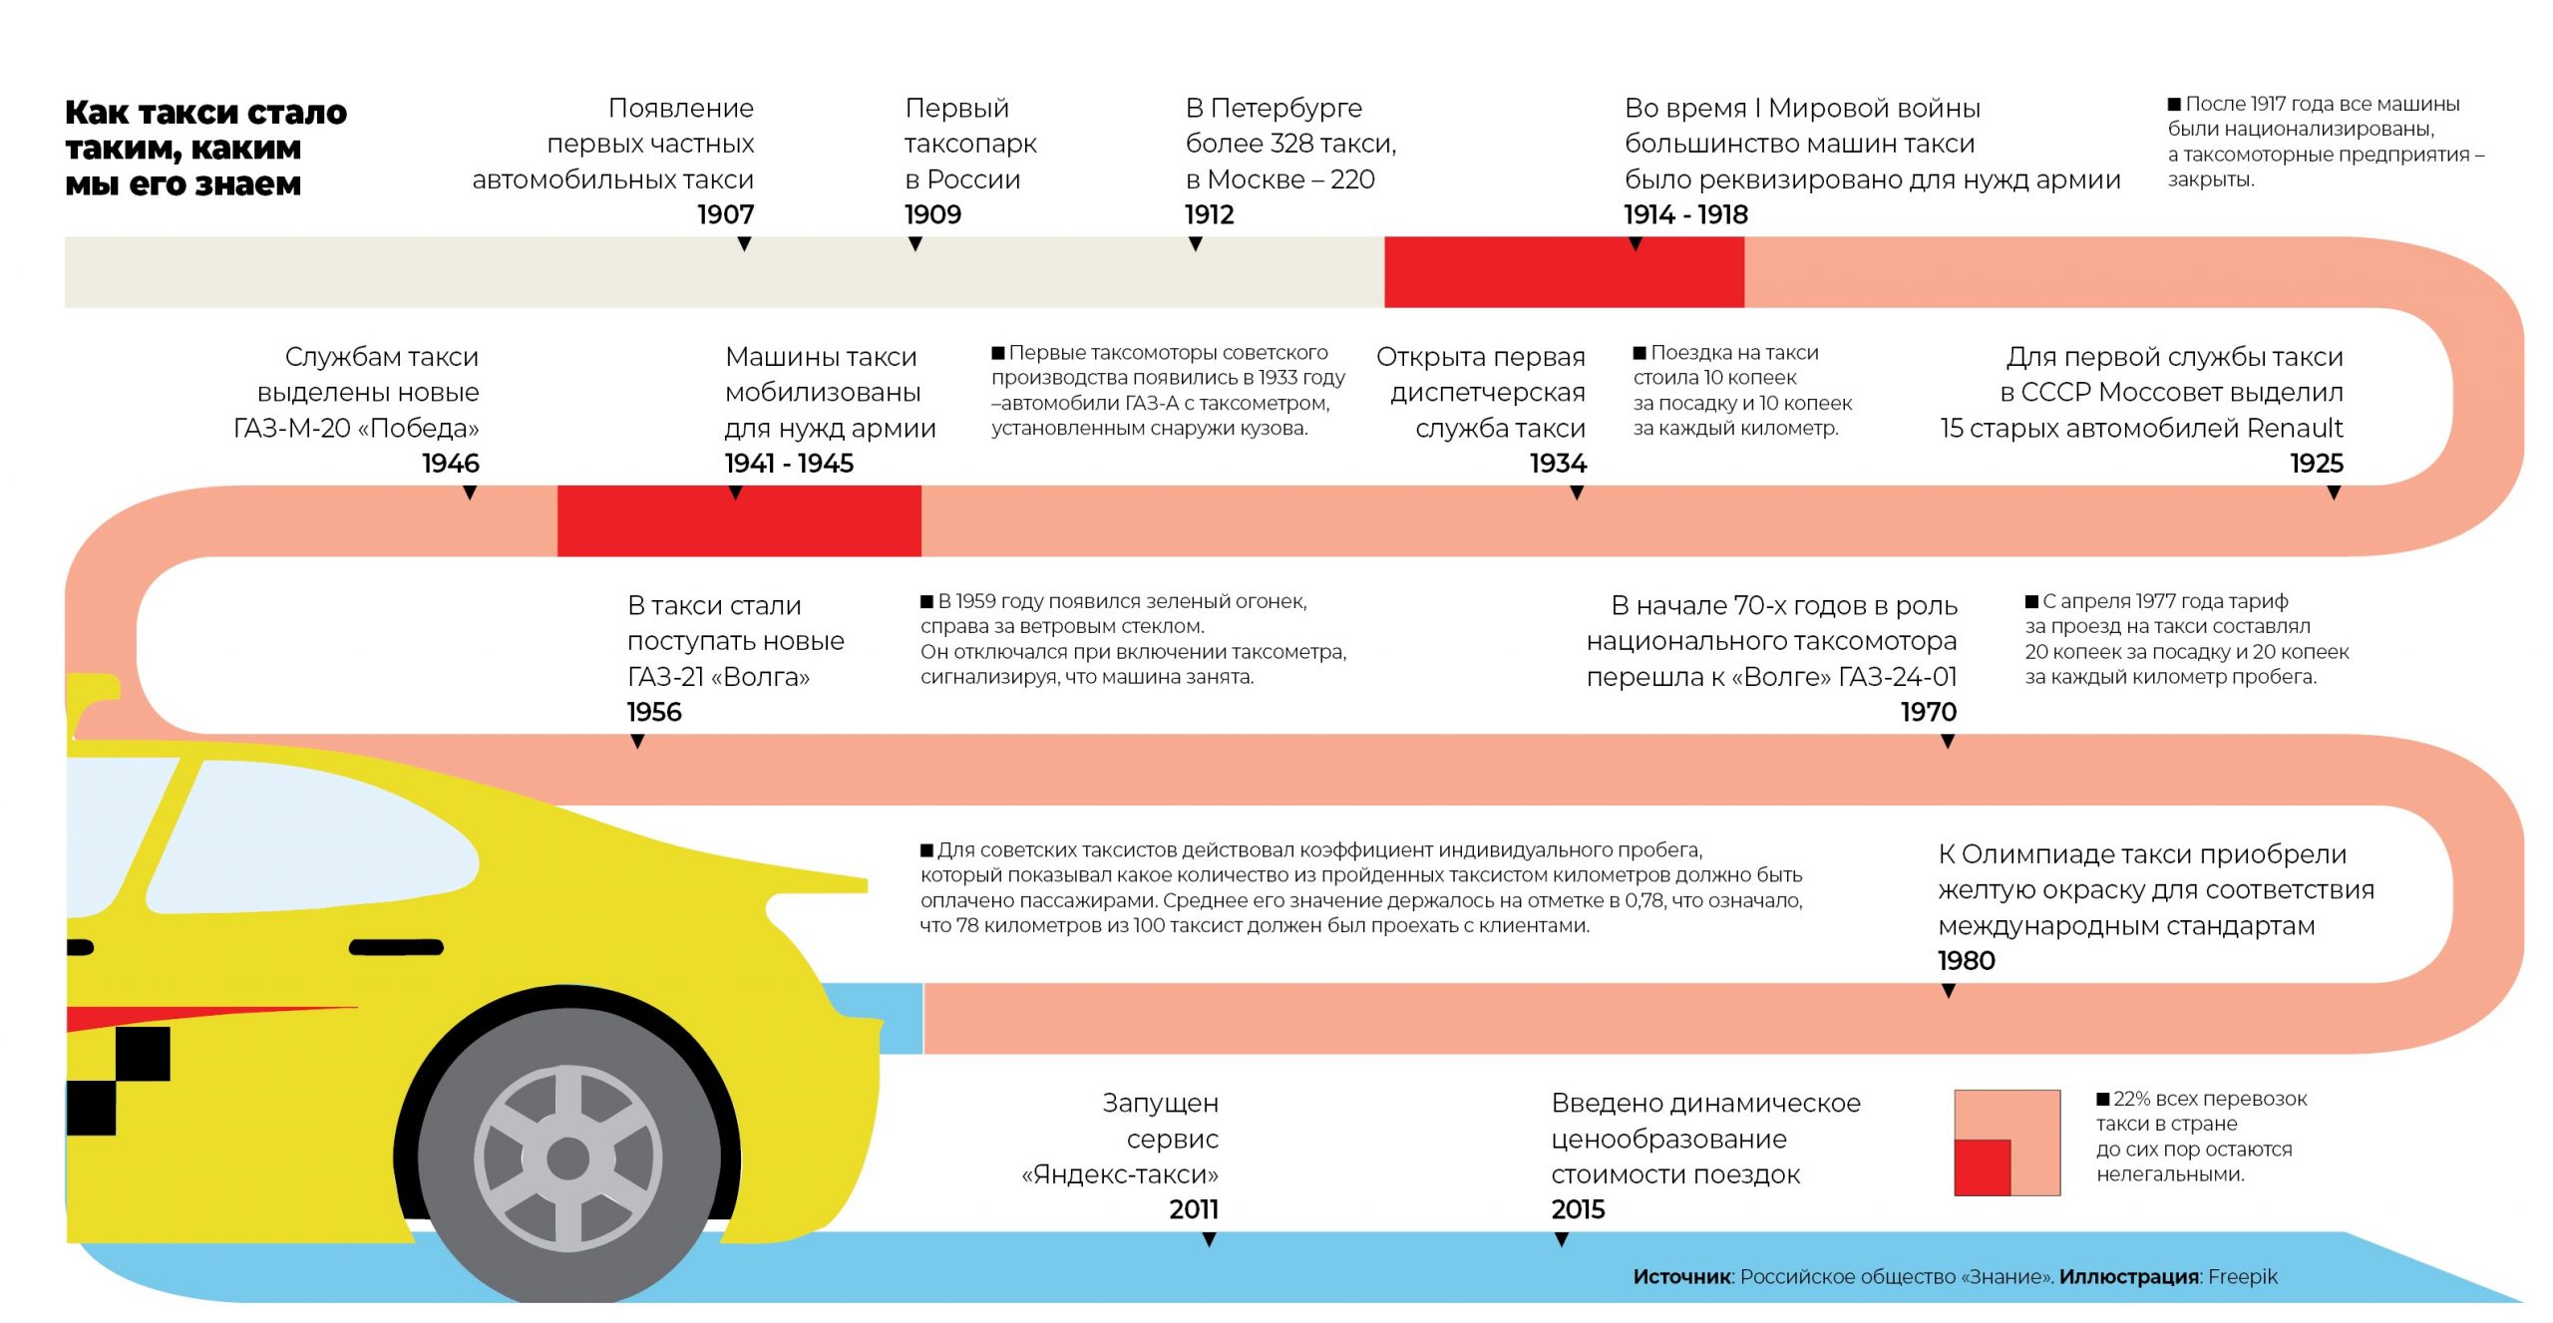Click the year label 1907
(x=725, y=214)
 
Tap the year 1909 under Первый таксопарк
(x=932, y=214)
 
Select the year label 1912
(x=1209, y=214)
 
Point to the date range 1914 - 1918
(x=1685, y=214)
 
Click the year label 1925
(x=2316, y=463)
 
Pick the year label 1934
(x=1558, y=463)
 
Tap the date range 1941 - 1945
(x=789, y=463)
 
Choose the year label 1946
(x=451, y=463)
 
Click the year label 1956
(x=654, y=712)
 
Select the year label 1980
(x=1966, y=960)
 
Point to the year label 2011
(x=1194, y=1209)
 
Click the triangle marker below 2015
(x=1562, y=1239)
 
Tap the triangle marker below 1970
(x=1948, y=742)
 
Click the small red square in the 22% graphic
(x=1982, y=1166)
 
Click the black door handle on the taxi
(x=396, y=947)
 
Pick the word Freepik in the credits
(x=2243, y=1276)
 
